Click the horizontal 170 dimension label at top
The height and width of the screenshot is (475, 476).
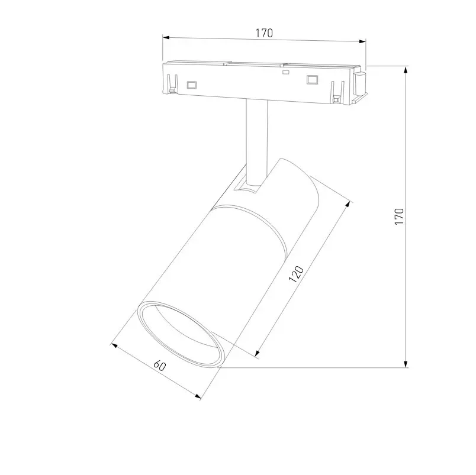[x=264, y=33]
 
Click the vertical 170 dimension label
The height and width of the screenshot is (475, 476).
[x=399, y=217]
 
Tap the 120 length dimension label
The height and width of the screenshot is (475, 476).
[x=296, y=274]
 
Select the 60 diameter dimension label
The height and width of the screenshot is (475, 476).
[x=160, y=365]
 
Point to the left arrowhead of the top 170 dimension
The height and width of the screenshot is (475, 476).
[x=166, y=38]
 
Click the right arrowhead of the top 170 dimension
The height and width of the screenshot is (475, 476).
[x=362, y=41]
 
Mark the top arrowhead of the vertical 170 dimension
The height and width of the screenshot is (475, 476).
[x=406, y=70]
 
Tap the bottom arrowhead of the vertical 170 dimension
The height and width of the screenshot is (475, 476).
[x=406, y=364]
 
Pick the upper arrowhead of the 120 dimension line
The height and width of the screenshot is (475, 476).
[x=348, y=204]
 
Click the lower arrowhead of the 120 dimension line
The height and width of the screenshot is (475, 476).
[x=257, y=353]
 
